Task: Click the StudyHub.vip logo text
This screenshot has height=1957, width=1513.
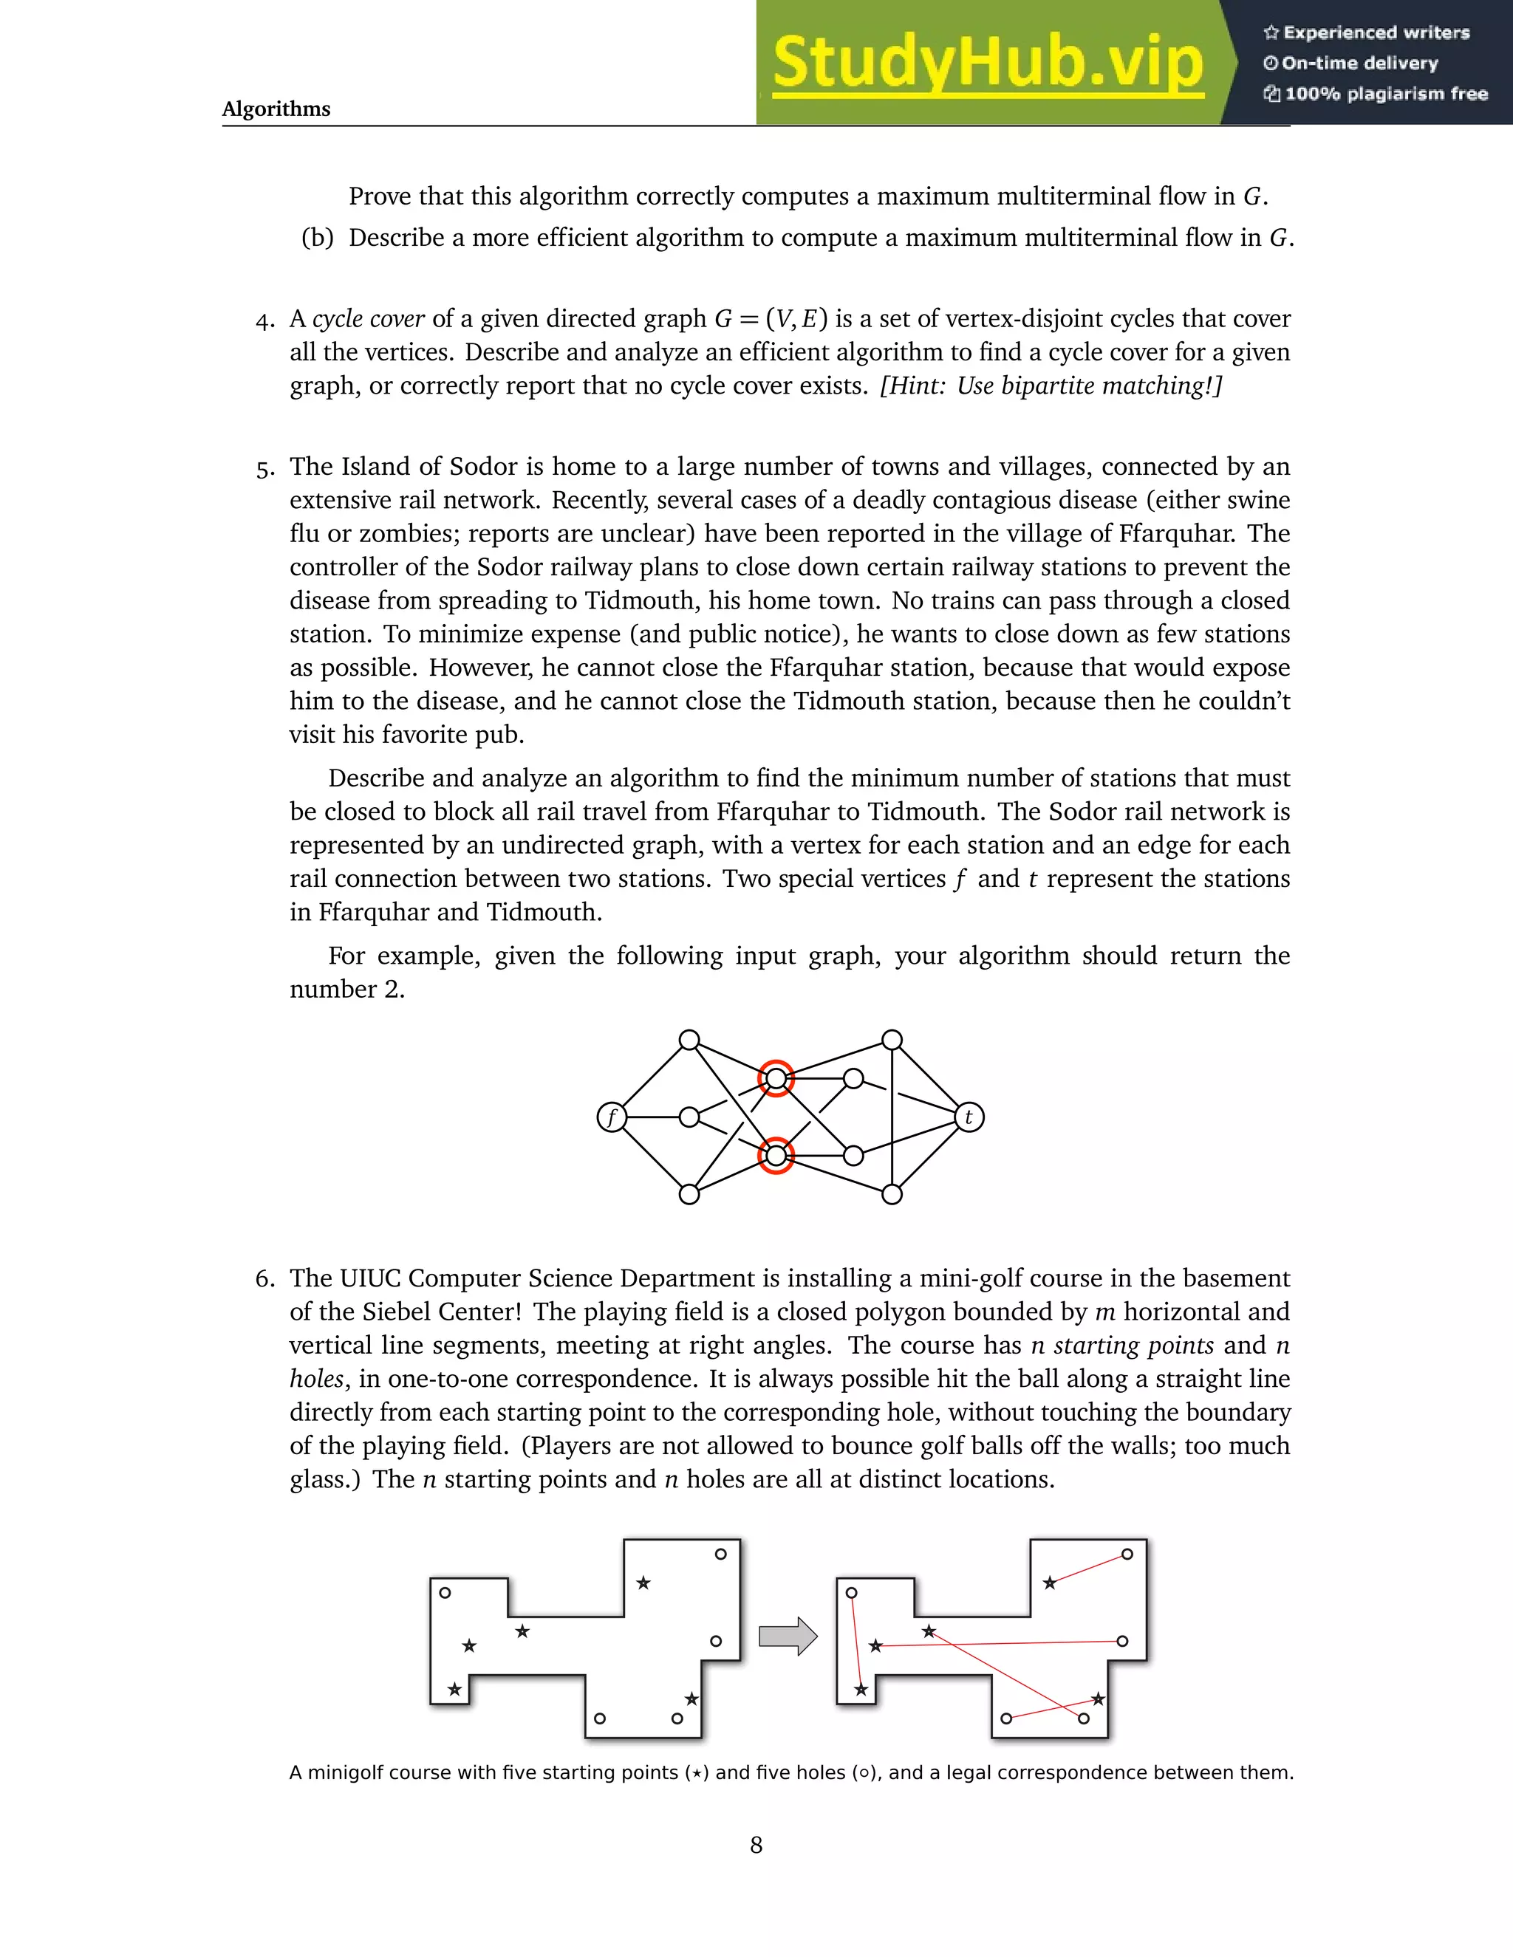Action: (987, 63)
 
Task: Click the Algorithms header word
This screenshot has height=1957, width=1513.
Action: (276, 109)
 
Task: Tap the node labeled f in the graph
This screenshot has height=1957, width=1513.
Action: (611, 1117)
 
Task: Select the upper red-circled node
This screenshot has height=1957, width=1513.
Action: (776, 1079)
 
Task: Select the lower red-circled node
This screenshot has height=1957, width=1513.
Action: (776, 1156)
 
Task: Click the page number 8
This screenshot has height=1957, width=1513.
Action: (756, 1845)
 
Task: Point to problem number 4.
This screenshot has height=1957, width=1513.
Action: (264, 321)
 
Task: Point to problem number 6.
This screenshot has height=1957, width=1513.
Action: (264, 1278)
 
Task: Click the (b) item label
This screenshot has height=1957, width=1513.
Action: (317, 239)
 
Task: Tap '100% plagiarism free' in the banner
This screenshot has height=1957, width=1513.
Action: (1386, 94)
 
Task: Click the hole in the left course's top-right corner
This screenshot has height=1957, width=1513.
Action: (720, 1555)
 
